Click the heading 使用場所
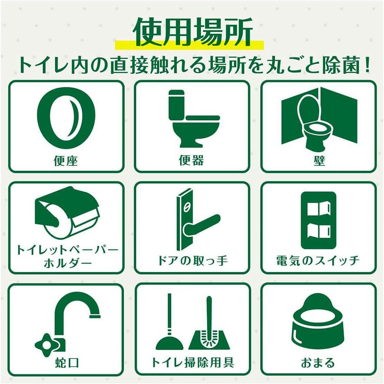(192, 32)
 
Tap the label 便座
(66, 161)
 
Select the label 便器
(192, 161)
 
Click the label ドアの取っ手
(192, 260)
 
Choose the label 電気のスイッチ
(318, 260)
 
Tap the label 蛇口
(67, 362)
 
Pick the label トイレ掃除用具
(192, 362)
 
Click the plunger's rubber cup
(169, 343)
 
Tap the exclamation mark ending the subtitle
(367, 65)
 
